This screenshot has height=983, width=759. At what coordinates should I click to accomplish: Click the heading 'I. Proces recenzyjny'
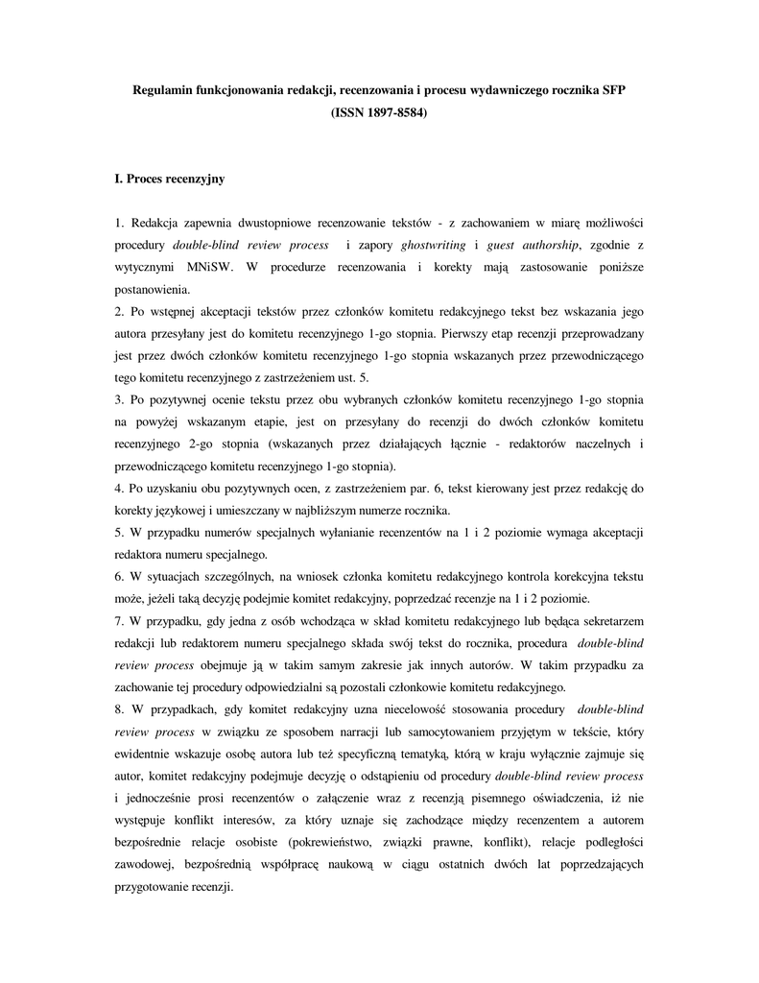(x=169, y=179)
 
